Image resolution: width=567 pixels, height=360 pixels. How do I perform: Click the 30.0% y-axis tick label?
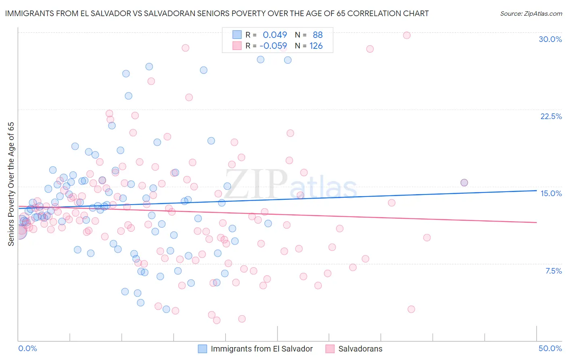[x=550, y=39]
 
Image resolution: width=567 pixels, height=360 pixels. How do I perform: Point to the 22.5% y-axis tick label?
[x=551, y=116]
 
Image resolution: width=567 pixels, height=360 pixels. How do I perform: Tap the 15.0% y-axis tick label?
[x=551, y=193]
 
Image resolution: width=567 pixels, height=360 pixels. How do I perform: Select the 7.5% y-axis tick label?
[x=553, y=271]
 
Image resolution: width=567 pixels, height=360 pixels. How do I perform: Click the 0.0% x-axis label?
[x=27, y=348]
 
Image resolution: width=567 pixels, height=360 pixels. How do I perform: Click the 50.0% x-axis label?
[x=550, y=348]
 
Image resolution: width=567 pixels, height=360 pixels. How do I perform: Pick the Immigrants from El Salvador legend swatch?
[x=202, y=349]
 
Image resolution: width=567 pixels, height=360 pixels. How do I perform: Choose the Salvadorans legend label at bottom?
[x=360, y=349]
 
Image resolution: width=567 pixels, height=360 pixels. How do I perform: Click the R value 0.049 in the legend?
[x=275, y=35]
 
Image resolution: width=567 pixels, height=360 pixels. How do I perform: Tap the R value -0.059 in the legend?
[x=273, y=46]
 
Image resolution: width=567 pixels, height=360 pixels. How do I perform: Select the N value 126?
[x=316, y=46]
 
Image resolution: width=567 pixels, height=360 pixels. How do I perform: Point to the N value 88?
[x=317, y=35]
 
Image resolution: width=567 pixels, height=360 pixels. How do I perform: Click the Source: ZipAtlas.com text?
[x=531, y=13]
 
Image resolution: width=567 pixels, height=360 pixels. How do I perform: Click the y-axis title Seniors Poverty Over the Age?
[x=11, y=184]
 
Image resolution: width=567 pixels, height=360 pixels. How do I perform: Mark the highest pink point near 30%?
[x=406, y=35]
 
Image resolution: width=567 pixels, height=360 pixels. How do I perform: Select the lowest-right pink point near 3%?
[x=411, y=309]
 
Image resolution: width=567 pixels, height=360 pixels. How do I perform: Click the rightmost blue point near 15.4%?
[x=464, y=182]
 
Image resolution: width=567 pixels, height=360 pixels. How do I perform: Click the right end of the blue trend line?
[x=536, y=190]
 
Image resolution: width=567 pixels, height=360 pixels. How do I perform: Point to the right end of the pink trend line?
[x=536, y=222]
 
